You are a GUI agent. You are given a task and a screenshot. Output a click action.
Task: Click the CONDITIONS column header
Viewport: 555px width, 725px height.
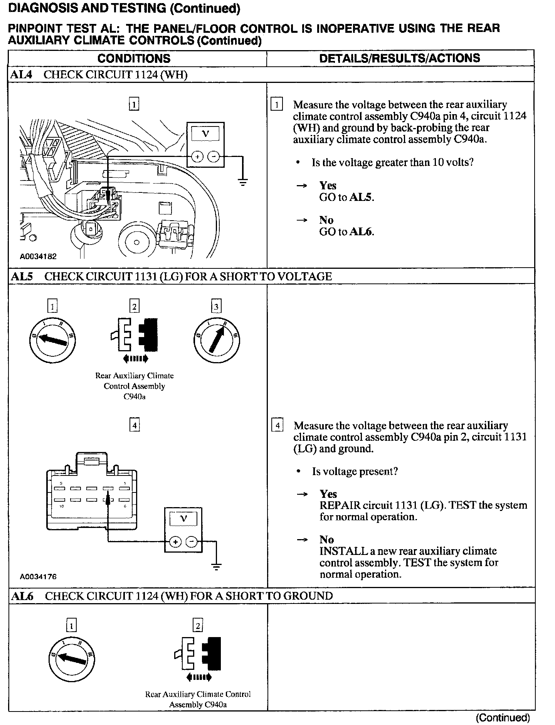pos(134,58)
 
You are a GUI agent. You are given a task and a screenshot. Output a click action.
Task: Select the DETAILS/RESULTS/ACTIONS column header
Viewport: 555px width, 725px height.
pos(400,58)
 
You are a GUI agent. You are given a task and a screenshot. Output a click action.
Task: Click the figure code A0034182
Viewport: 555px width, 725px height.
pos(38,256)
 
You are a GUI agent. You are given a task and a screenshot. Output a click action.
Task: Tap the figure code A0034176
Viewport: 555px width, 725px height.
pos(38,577)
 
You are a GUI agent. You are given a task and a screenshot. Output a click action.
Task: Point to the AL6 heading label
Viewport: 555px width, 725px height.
pos(22,596)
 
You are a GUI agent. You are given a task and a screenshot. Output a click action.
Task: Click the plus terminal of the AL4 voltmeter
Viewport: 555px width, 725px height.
pos(197,157)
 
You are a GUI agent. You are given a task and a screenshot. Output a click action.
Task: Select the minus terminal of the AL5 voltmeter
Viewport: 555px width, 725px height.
pos(192,542)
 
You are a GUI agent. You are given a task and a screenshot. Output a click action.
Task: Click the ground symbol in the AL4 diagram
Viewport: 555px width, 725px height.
pos(243,182)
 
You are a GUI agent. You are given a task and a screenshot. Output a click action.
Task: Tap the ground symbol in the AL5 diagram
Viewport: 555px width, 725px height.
pos(216,567)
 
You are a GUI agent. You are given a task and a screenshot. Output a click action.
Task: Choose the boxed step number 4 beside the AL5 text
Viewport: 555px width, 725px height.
pos(277,426)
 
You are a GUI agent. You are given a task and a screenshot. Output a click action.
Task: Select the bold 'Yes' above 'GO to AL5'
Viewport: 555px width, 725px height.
pos(328,186)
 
